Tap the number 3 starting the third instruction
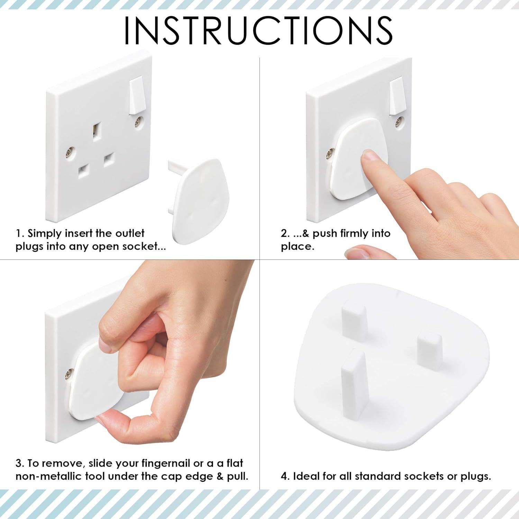[x=19, y=463]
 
